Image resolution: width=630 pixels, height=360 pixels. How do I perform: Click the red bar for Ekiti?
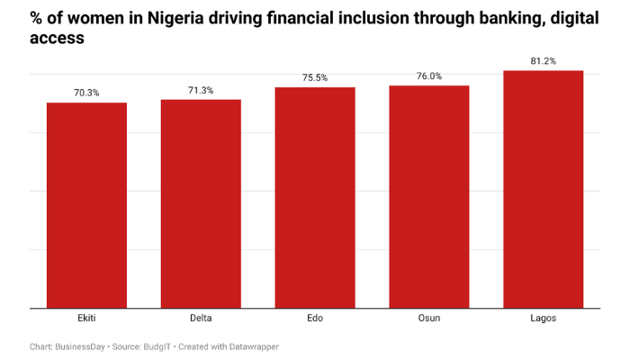click(x=86, y=205)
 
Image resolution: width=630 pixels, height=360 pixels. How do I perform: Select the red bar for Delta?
click(x=201, y=203)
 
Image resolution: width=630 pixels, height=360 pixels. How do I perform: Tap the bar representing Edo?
click(x=315, y=197)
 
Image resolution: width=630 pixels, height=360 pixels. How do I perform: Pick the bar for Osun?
click(x=429, y=196)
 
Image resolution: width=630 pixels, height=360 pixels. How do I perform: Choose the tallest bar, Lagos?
click(x=544, y=189)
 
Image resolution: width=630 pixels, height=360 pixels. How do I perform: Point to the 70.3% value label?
click(x=86, y=93)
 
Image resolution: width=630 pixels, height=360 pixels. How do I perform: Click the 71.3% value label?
click(x=201, y=90)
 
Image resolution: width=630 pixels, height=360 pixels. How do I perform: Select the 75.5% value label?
click(x=315, y=77)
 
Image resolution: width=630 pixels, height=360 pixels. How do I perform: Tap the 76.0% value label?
click(x=429, y=76)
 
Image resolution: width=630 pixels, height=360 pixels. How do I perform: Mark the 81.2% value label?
click(x=544, y=60)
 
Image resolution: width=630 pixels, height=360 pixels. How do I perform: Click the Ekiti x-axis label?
click(x=86, y=319)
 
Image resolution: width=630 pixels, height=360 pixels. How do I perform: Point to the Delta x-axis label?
click(x=201, y=319)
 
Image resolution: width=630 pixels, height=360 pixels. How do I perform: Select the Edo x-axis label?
click(x=315, y=319)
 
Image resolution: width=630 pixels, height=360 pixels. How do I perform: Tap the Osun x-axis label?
click(x=429, y=319)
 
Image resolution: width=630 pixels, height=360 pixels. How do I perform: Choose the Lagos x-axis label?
click(x=544, y=319)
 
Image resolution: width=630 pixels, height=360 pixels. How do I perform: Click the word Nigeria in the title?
click(x=189, y=17)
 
